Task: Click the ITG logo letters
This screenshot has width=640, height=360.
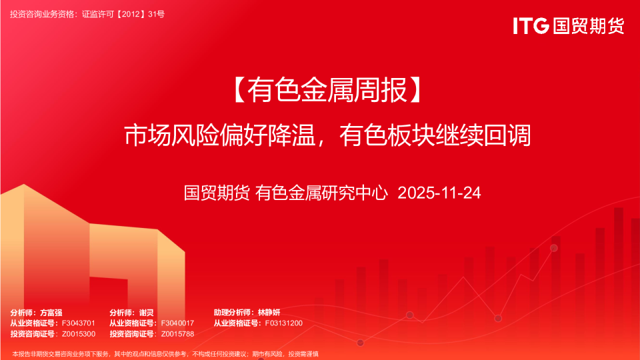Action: [x=531, y=26]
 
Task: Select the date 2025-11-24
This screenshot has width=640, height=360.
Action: [x=439, y=193]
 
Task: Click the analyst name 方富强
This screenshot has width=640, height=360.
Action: [x=51, y=313]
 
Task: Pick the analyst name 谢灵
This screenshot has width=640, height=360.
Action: [x=147, y=313]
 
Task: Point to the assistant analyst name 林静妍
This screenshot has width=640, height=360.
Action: [x=270, y=313]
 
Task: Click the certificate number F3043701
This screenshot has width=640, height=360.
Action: [x=79, y=323]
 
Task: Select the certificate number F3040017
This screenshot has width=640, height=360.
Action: [x=177, y=323]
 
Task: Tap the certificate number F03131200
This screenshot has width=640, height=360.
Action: [x=283, y=323]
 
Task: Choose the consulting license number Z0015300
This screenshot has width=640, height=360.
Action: [x=79, y=334]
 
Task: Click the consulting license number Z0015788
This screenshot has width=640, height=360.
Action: [x=177, y=334]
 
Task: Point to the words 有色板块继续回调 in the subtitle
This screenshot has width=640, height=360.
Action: [x=435, y=136]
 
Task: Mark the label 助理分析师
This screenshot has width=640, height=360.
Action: [x=233, y=313]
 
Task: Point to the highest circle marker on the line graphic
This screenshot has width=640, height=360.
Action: [x=553, y=248]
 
